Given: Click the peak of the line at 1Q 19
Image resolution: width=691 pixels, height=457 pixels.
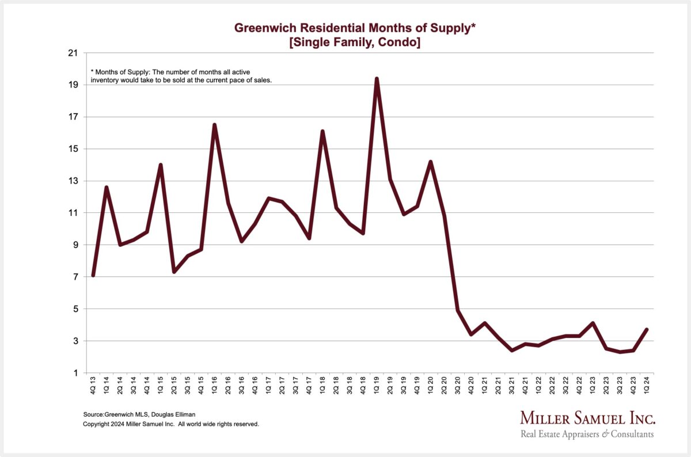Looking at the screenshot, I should (x=377, y=79).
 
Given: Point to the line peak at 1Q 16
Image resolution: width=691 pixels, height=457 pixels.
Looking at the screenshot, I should (x=214, y=125).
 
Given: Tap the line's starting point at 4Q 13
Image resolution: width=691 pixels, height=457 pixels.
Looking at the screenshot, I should (x=93, y=275).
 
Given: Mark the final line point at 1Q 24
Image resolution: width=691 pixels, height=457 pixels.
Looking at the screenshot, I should (x=647, y=329).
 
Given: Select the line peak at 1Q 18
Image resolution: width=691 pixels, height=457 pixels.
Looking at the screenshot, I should (x=322, y=131).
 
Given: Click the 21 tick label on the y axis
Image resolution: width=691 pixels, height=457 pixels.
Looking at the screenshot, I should (x=73, y=53).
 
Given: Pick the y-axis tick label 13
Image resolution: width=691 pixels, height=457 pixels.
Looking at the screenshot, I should (x=73, y=181).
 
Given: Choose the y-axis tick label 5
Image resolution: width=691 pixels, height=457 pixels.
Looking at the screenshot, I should (x=75, y=309).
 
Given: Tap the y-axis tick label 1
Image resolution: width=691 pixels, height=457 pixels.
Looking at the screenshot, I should (x=75, y=373).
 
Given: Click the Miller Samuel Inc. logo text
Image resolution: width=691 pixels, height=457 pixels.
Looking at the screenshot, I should (x=587, y=418).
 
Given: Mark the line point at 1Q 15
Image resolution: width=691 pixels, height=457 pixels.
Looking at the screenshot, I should (x=161, y=165).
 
